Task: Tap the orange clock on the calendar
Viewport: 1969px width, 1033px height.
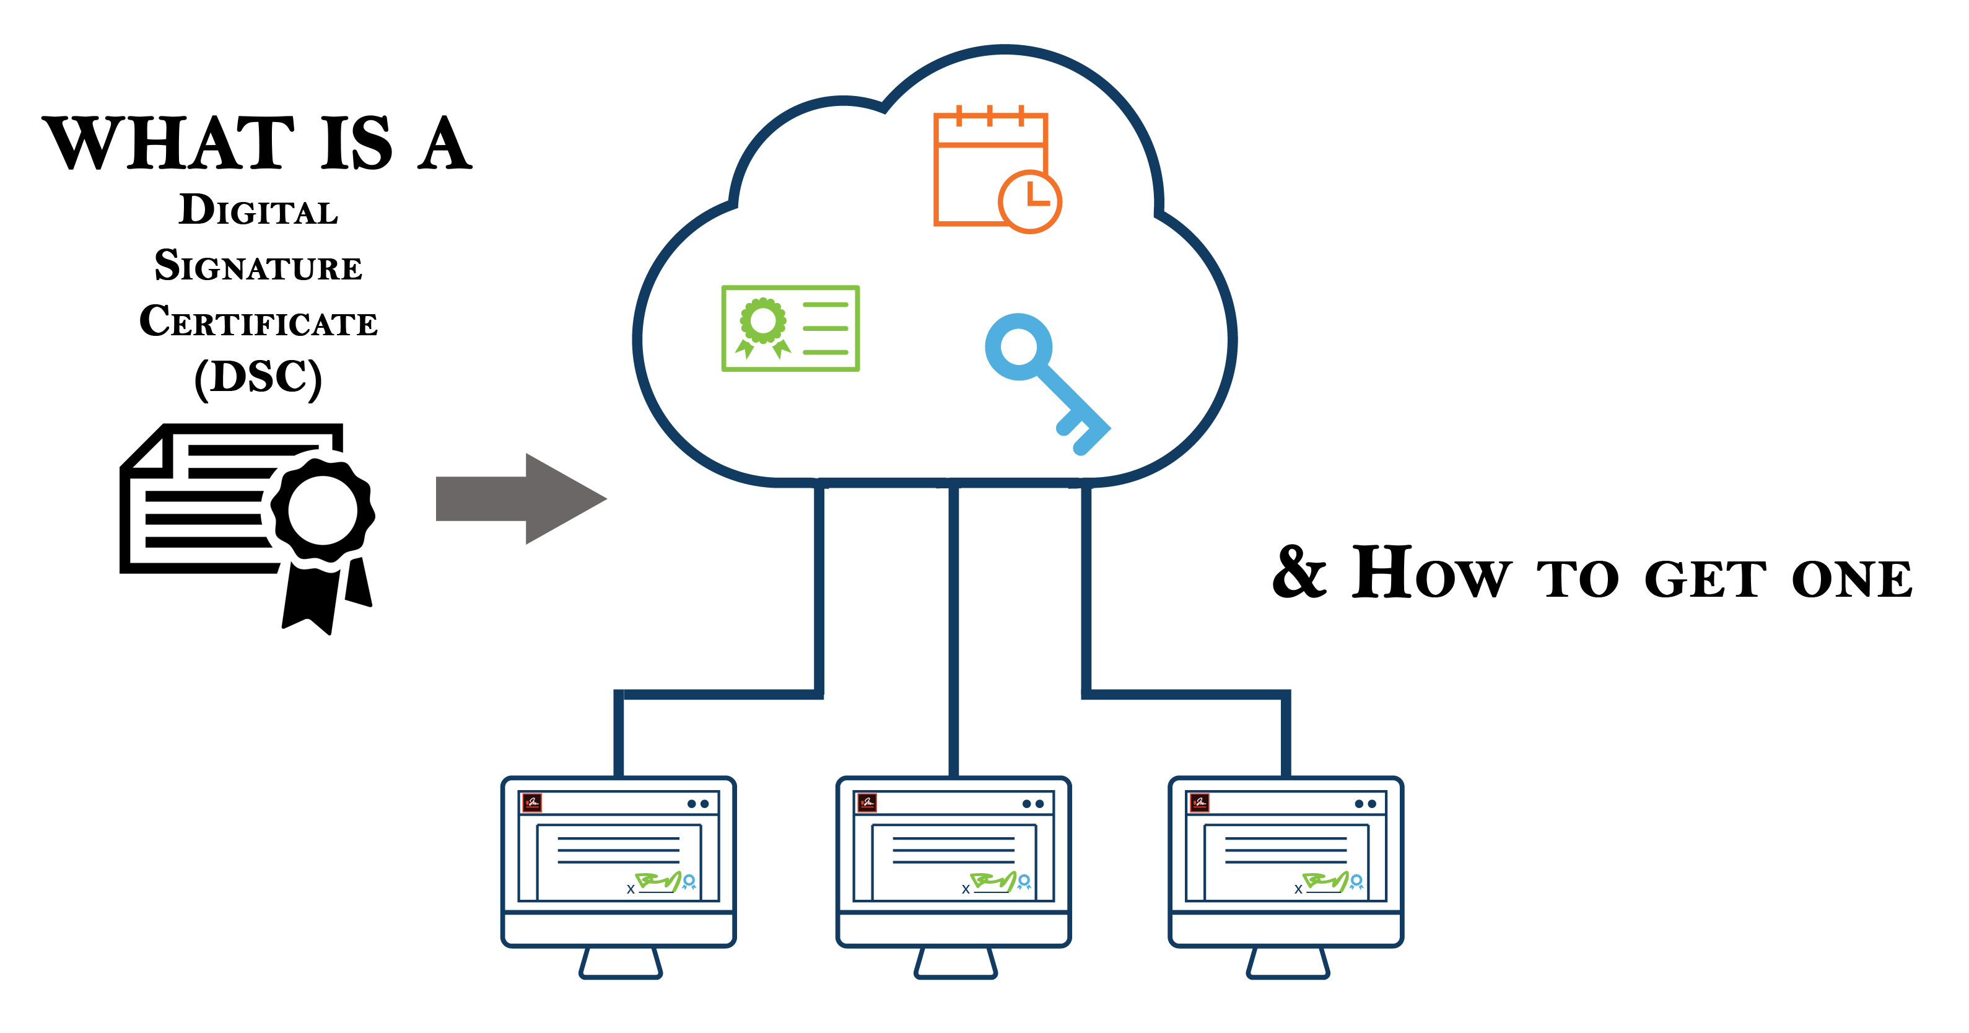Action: [1029, 201]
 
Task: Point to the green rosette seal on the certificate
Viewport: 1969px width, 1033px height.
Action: [762, 322]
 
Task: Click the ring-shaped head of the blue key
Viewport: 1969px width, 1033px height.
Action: [1018, 346]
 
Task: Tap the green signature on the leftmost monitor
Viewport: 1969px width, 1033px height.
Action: [657, 881]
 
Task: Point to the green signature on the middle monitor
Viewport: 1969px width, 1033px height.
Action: [992, 881]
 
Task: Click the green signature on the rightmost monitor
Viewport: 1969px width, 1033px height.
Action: [1325, 881]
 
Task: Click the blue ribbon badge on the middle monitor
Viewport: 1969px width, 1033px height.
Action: [1024, 882]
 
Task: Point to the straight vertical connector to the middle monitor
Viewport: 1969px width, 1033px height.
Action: [953, 627]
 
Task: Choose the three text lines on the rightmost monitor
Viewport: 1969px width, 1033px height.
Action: [1286, 850]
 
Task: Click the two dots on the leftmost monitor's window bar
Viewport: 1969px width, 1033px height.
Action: [698, 804]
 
